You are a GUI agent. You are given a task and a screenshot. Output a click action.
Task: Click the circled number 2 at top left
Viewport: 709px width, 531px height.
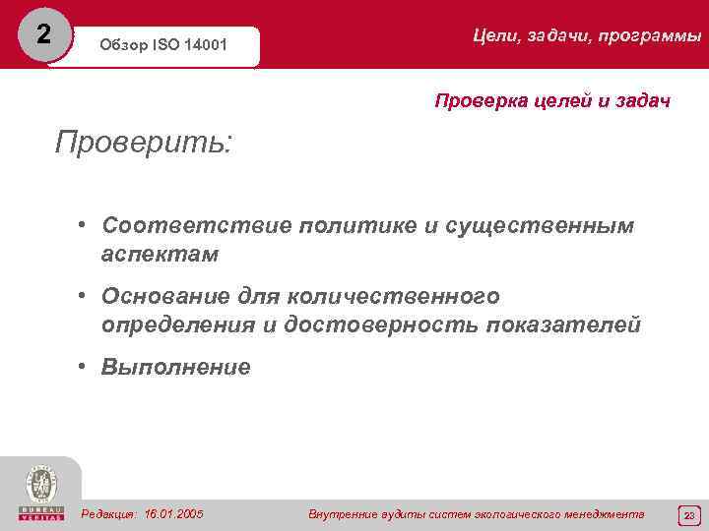point(41,33)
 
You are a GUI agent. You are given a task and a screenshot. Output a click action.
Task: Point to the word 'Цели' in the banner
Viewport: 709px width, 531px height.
point(494,36)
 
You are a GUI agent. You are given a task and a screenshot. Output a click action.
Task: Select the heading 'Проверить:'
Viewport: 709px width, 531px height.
point(145,143)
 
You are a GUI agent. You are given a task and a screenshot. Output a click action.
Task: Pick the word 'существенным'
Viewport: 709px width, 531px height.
point(541,226)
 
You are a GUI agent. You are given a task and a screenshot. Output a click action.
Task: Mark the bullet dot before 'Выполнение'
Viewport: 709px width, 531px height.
point(86,367)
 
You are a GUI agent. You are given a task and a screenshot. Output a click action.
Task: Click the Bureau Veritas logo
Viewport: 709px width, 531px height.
point(40,491)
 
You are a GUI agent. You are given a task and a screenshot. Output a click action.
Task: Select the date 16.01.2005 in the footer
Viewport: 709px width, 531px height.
point(174,513)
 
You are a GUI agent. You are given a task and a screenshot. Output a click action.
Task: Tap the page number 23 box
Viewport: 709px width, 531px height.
point(688,514)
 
